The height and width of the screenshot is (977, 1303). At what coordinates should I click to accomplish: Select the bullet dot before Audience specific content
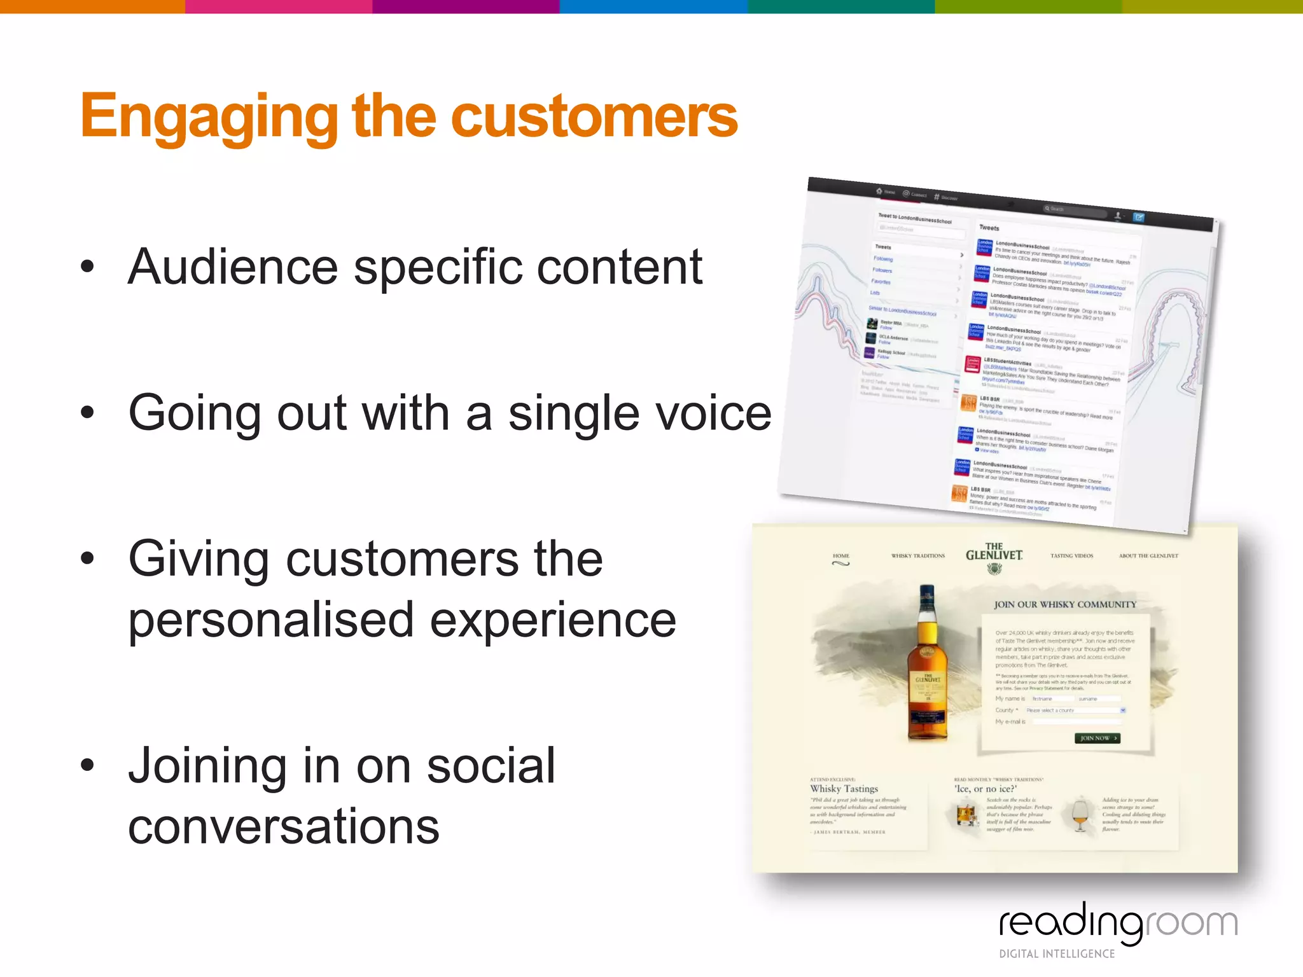[88, 267]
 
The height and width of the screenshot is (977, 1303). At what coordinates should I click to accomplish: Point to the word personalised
[270, 620]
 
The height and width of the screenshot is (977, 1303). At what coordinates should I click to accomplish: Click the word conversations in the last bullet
[284, 826]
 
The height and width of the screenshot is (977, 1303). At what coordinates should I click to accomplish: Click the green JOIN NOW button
[1097, 738]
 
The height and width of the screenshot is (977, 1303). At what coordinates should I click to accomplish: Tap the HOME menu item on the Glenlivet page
[840, 556]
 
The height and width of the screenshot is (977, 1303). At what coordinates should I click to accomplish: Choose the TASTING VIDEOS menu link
[1071, 556]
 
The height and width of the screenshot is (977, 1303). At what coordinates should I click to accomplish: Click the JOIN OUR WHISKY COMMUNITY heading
[1064, 604]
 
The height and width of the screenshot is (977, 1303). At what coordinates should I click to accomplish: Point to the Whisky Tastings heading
[844, 789]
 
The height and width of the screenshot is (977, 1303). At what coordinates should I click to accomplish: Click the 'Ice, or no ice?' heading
[985, 789]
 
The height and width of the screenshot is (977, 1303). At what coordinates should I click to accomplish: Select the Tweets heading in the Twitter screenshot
[989, 228]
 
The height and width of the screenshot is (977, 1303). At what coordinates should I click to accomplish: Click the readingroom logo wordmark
[1118, 923]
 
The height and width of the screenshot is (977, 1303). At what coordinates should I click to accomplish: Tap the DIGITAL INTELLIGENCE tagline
[1057, 953]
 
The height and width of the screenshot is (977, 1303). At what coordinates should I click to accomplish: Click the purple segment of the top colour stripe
[466, 6]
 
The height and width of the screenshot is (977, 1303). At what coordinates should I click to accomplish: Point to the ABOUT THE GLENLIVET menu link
[1148, 556]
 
